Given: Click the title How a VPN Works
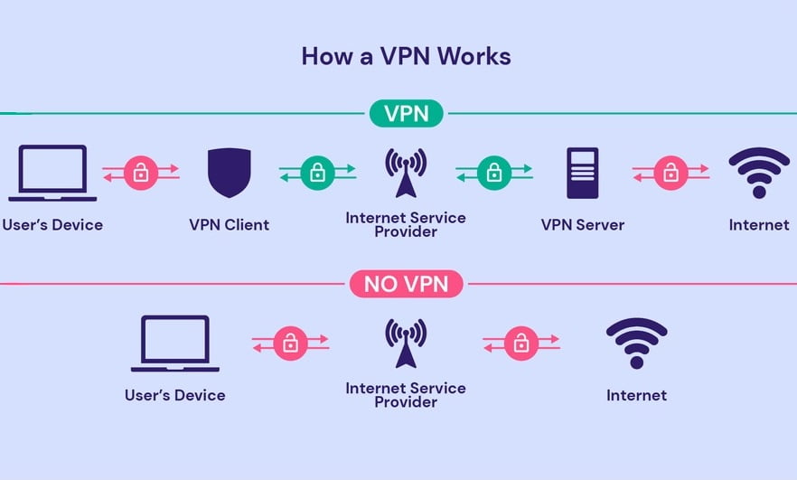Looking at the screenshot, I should click(x=406, y=56).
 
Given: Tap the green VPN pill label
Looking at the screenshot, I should click(x=406, y=114).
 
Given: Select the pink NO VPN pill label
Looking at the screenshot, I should click(x=406, y=285).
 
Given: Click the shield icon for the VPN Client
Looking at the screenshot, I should click(x=229, y=173).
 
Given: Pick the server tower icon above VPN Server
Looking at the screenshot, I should click(x=582, y=173).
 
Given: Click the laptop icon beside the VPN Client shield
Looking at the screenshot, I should click(x=52, y=173).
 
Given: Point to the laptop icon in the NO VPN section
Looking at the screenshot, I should click(x=175, y=344).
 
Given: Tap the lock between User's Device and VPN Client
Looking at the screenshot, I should click(x=140, y=173).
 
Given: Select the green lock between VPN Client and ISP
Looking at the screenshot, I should click(x=317, y=173).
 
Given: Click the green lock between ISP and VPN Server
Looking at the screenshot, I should click(x=494, y=173).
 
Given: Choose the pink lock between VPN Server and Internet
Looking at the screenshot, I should click(x=670, y=173).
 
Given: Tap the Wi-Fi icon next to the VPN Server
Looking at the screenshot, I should click(x=758, y=172).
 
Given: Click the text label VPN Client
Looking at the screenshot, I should click(x=229, y=224).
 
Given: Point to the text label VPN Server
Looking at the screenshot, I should click(x=582, y=224).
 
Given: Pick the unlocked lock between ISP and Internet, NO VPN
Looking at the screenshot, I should click(x=520, y=344).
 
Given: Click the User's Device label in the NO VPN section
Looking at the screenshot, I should click(x=175, y=395).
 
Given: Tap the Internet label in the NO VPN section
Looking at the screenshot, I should click(x=636, y=395).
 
